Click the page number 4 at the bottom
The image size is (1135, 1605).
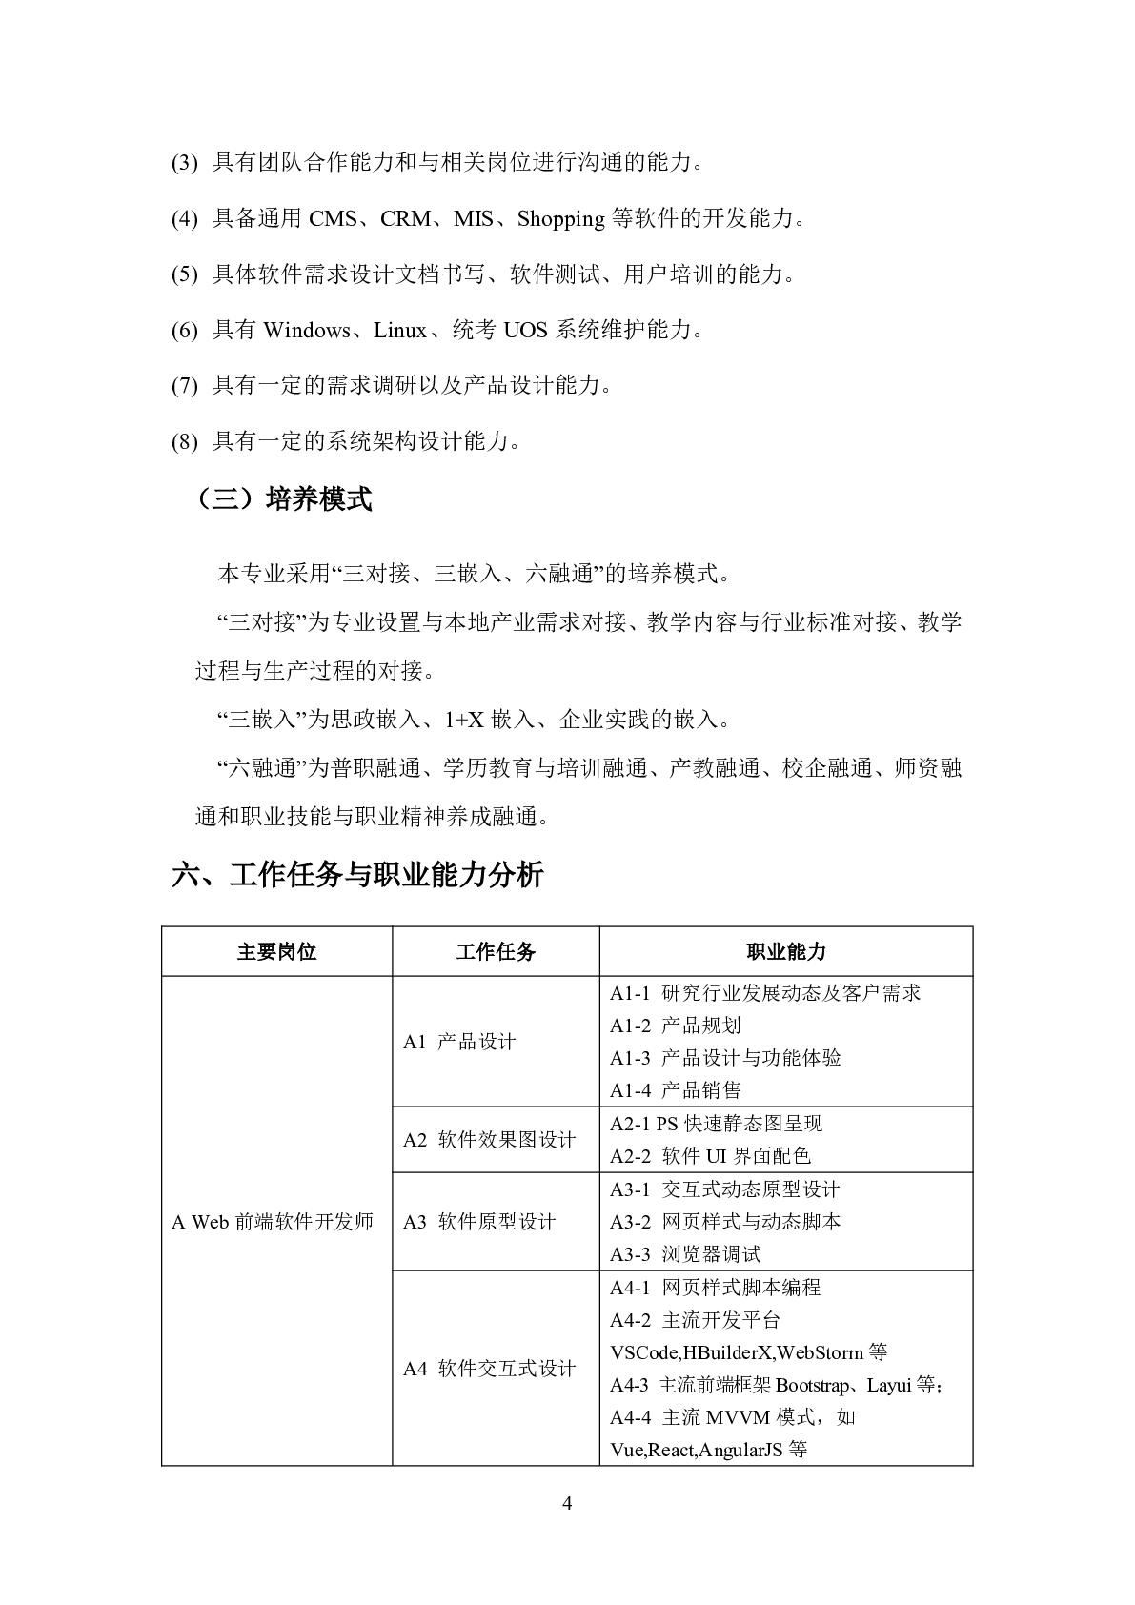click(x=568, y=1504)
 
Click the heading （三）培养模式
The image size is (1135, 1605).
click(x=283, y=498)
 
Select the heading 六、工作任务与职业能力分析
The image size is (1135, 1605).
click(x=357, y=875)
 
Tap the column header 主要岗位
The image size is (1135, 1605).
click(x=276, y=951)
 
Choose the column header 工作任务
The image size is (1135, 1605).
click(x=496, y=951)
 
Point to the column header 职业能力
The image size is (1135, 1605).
click(x=786, y=951)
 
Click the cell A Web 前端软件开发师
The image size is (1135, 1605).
click(x=273, y=1222)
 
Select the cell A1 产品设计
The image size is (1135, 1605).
click(x=459, y=1042)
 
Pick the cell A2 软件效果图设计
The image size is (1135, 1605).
click(x=490, y=1140)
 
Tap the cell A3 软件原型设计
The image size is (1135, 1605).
click(x=479, y=1222)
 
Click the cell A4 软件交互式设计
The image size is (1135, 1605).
click(x=490, y=1369)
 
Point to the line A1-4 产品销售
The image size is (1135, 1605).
click(x=676, y=1090)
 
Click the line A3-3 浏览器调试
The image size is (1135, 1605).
click(x=686, y=1254)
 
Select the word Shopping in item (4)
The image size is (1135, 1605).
click(x=560, y=219)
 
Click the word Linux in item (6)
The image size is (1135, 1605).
click(x=400, y=331)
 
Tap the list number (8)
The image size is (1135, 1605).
click(x=184, y=442)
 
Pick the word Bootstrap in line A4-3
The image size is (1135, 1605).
click(x=812, y=1385)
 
